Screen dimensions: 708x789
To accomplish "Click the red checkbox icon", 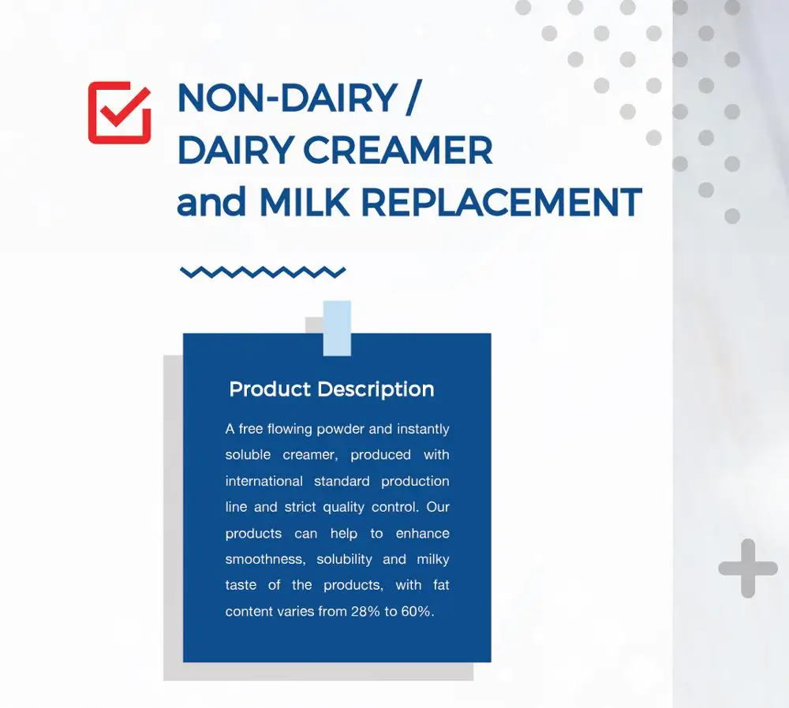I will tap(119, 112).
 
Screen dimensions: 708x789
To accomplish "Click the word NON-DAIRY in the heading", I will tap(286, 99).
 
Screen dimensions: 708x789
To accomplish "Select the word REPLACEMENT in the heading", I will tap(501, 203).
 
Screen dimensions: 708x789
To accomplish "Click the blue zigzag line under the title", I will tap(263, 272).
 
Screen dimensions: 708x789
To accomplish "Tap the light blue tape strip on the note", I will tap(337, 327).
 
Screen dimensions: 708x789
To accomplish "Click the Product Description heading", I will tap(331, 389).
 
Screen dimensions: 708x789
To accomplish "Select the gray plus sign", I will tap(747, 568).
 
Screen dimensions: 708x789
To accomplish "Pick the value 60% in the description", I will tap(417, 611).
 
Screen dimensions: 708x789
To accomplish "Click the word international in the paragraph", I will tap(264, 481).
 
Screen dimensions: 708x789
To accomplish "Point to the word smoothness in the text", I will tap(264, 559).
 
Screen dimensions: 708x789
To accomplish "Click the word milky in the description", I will tap(433, 559).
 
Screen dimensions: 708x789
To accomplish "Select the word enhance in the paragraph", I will tap(422, 533).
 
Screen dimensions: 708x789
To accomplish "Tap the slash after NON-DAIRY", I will tap(409, 99).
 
